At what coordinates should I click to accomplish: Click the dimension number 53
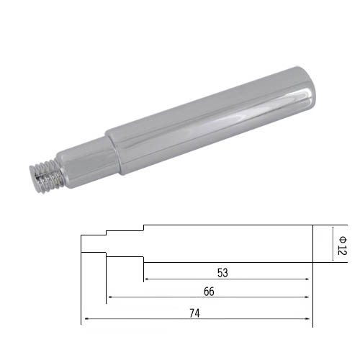[x=222, y=273]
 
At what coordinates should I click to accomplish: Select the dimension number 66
[x=209, y=292]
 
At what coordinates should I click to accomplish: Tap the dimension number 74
[x=194, y=313]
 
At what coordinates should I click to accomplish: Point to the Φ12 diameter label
[x=342, y=246]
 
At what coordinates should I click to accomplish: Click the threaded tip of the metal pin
[x=47, y=176]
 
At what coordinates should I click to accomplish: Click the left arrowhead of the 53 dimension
[x=147, y=279]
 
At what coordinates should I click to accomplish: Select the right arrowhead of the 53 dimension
[x=307, y=279]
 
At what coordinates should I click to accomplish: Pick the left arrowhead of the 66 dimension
[x=110, y=297]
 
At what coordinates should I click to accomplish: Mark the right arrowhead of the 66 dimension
[x=307, y=297]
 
